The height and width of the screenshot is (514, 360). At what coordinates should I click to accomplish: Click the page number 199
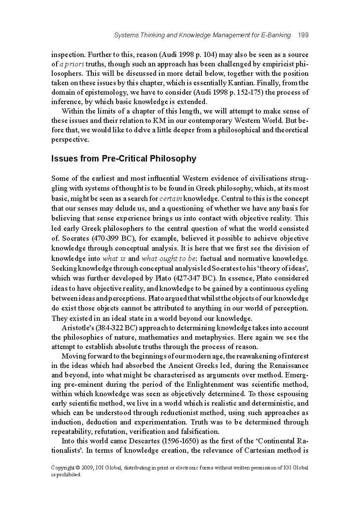click(x=303, y=35)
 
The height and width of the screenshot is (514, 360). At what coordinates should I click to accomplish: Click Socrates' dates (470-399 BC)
click(x=102, y=239)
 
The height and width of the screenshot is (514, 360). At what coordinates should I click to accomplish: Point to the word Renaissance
click(x=288, y=366)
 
